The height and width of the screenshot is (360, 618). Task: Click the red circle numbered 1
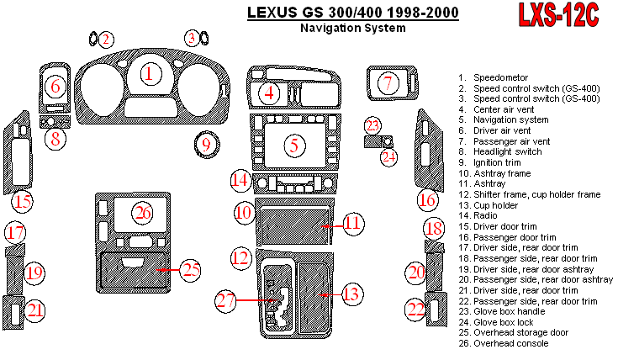[x=150, y=74]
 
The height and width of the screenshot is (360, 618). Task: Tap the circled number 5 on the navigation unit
[x=293, y=145]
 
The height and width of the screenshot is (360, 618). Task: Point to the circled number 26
[x=144, y=213]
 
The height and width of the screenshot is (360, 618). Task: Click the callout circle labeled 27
[x=225, y=300]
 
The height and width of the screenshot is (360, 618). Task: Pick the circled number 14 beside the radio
[x=240, y=180]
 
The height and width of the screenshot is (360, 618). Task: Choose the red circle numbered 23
[x=372, y=125]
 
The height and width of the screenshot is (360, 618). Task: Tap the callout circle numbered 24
[x=388, y=156]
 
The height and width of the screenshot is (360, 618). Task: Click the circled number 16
[x=428, y=200]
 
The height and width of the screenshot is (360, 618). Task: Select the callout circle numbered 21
[x=34, y=310]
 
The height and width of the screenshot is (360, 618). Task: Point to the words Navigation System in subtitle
[x=352, y=28]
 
